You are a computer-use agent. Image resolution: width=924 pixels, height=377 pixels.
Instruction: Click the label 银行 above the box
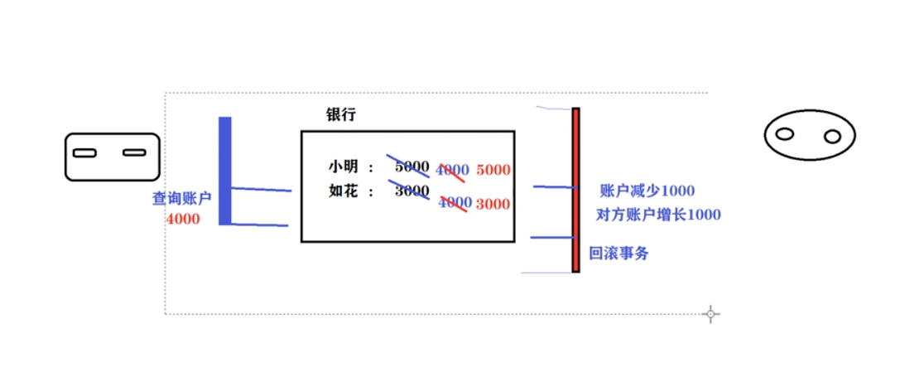[340, 115]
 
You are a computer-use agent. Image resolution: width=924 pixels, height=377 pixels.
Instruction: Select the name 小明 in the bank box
[342, 167]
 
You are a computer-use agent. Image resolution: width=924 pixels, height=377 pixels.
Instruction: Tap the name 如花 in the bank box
[342, 191]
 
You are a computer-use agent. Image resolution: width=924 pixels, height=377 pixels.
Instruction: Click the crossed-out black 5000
[411, 167]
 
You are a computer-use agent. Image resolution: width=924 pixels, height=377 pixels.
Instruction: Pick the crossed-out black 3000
[411, 191]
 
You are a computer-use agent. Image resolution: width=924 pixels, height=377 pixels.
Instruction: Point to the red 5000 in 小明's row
[493, 170]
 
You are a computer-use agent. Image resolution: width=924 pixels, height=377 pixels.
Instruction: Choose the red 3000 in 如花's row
[493, 204]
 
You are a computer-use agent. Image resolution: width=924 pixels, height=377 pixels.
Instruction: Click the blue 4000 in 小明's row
[452, 170]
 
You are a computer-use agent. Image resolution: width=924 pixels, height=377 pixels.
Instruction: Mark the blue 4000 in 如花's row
[455, 202]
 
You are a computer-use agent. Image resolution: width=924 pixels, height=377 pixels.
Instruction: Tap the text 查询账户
[181, 199]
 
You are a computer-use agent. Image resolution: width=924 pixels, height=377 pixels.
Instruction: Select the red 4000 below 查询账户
[182, 220]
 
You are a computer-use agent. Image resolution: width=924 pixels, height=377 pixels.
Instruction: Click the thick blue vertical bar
[224, 170]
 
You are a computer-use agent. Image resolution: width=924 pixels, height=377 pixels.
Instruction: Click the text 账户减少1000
[647, 191]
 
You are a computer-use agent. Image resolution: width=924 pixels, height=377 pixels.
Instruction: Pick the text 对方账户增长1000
[658, 215]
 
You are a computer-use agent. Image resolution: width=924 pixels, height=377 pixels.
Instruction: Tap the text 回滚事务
[618, 254]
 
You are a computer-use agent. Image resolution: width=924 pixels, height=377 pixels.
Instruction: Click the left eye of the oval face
[785, 133]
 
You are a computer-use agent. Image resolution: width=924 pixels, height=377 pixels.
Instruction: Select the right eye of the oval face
[832, 136]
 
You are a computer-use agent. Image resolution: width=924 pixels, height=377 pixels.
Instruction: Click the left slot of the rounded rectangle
[84, 152]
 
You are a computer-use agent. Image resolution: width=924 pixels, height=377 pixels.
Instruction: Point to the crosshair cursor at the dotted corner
[710, 313]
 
